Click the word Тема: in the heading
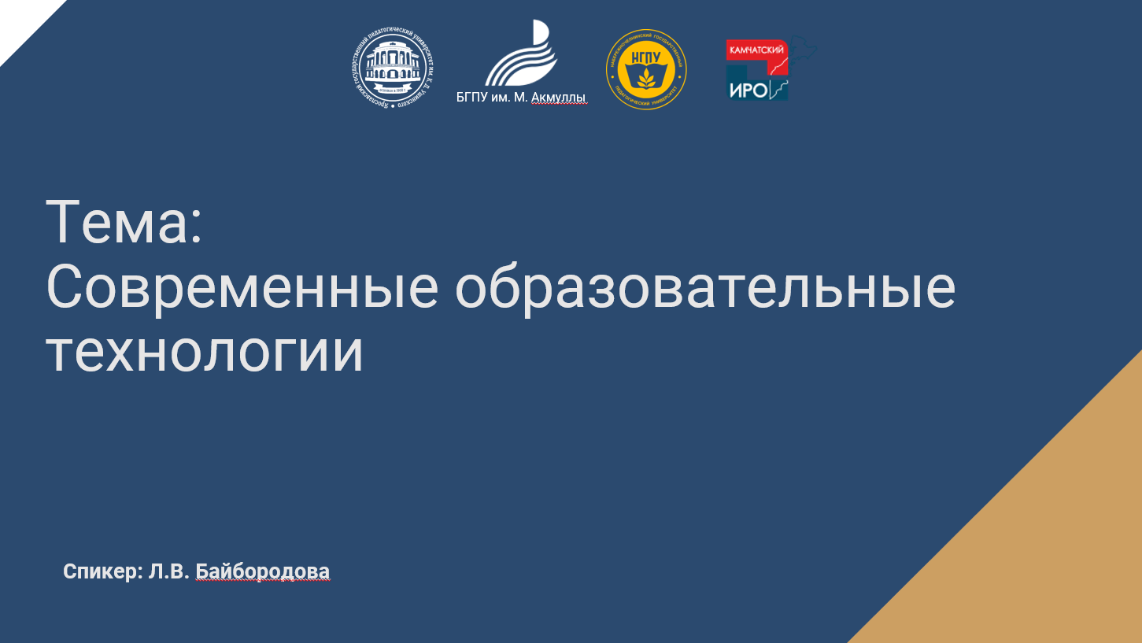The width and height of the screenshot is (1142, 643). tap(124, 223)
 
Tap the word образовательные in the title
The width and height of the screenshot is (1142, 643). tap(705, 287)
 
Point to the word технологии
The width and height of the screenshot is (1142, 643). tap(205, 352)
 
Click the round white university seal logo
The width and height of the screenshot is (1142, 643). tap(394, 69)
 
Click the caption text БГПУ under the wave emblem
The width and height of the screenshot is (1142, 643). tap(472, 98)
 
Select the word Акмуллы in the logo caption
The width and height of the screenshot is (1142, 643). tap(559, 98)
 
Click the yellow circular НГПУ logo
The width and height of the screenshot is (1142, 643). tap(646, 69)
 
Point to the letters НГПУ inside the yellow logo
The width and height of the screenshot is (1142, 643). tap(646, 59)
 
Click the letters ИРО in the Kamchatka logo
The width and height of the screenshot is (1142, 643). tap(748, 90)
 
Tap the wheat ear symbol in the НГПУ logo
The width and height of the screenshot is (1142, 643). tap(646, 77)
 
